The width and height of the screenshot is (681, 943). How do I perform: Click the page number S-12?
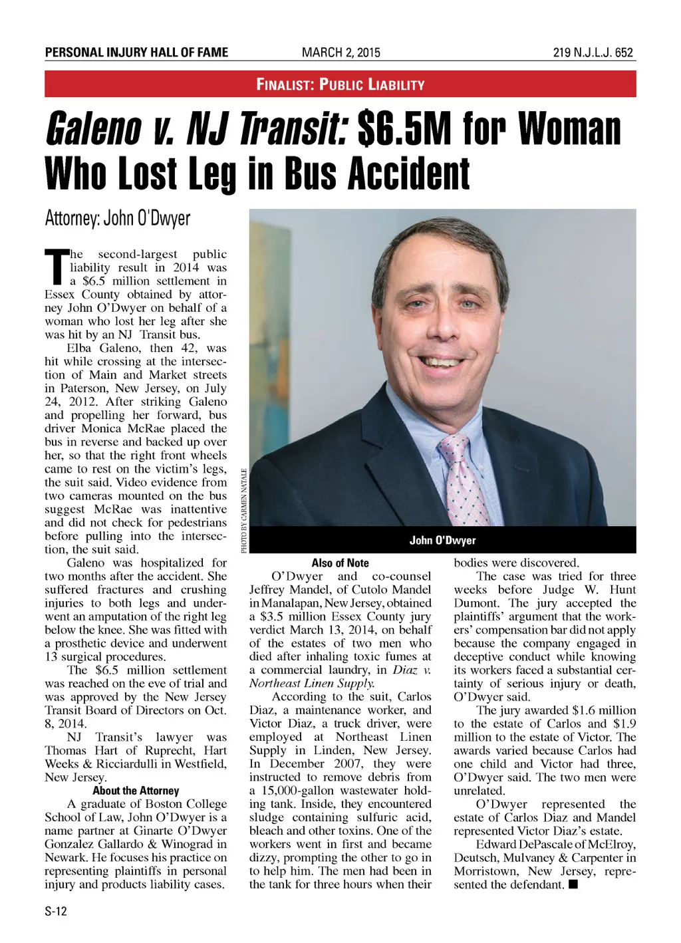pos(56,911)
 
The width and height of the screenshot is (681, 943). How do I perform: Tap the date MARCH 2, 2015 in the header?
pos(340,53)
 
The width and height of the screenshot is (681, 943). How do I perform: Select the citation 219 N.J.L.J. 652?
pos(593,53)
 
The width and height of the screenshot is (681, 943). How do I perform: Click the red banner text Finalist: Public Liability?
pos(340,84)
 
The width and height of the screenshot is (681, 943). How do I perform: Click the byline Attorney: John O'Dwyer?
pos(118,218)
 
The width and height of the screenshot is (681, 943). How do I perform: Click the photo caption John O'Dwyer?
pos(442,540)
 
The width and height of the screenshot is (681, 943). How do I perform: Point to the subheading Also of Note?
pos(340,563)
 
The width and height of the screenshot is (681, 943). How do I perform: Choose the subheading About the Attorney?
pos(136,791)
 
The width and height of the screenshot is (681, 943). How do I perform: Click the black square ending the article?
pos(573,884)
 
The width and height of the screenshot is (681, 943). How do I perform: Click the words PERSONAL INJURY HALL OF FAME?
pos(136,53)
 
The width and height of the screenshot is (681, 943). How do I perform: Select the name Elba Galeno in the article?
pos(104,348)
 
